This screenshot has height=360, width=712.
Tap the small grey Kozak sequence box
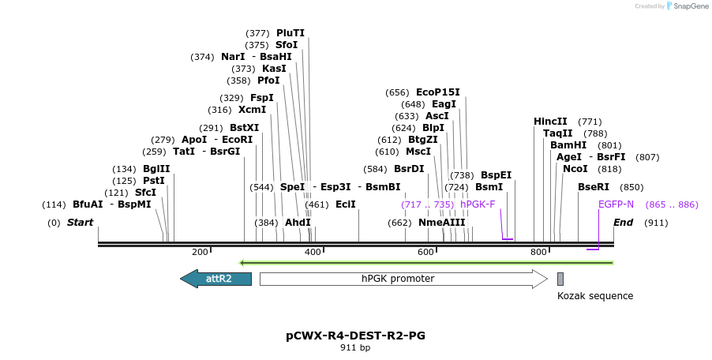click(x=560, y=279)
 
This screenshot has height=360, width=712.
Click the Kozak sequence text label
click(x=594, y=296)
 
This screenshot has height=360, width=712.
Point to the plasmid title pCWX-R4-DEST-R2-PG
click(x=355, y=336)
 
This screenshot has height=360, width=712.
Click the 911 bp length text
click(x=355, y=347)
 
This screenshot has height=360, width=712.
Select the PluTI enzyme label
click(x=290, y=33)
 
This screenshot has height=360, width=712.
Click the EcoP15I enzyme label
click(x=437, y=92)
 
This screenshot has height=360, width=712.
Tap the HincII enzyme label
click(x=550, y=122)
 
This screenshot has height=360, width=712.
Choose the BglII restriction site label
click(x=156, y=169)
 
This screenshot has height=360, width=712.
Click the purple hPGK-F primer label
click(x=478, y=204)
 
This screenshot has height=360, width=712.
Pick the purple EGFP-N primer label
click(x=616, y=204)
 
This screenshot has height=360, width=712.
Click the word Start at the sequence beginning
click(x=80, y=223)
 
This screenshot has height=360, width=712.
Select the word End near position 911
click(x=623, y=223)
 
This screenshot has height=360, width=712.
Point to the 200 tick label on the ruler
click(x=200, y=252)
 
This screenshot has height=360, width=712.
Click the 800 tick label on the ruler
click(x=538, y=252)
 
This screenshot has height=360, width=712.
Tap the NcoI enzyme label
click(x=575, y=169)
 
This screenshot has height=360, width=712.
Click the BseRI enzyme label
click(x=594, y=187)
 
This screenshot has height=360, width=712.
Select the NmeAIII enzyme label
click(x=441, y=223)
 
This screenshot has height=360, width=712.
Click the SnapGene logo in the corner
click(x=686, y=6)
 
